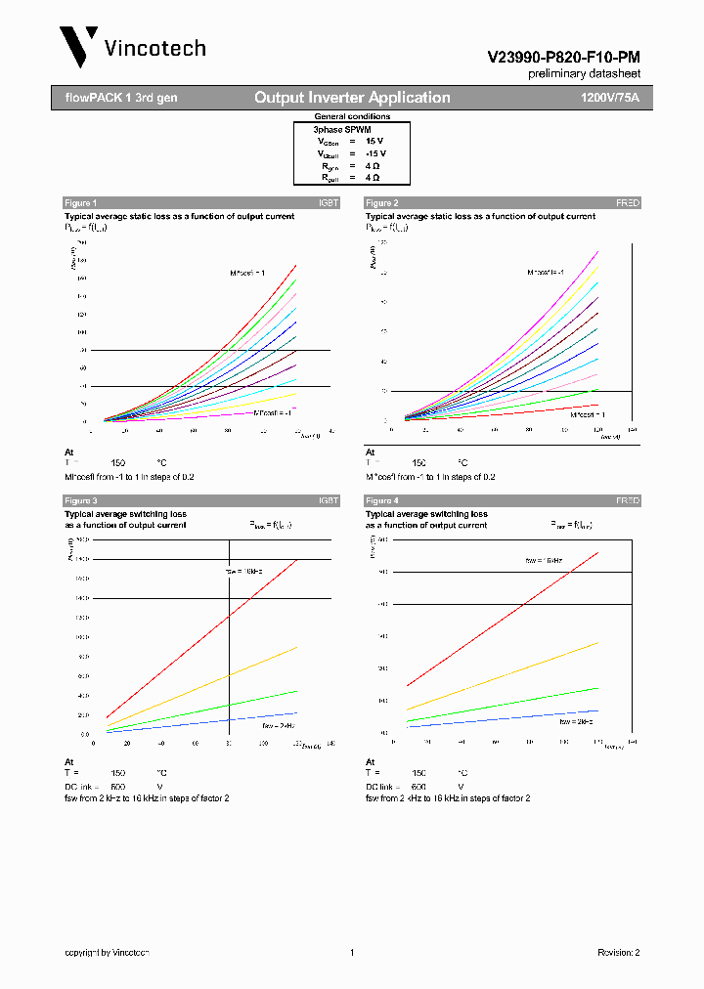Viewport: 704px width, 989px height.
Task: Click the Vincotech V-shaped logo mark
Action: click(x=78, y=46)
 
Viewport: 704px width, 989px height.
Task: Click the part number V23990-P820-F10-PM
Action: click(x=563, y=58)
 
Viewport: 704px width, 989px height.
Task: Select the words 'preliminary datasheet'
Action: click(x=584, y=73)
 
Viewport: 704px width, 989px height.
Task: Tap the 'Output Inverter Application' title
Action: click(x=352, y=98)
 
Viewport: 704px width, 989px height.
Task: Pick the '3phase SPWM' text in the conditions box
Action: click(x=341, y=129)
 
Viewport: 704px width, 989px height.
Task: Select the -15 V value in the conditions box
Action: click(x=375, y=153)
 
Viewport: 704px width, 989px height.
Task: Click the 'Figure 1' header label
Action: click(x=81, y=202)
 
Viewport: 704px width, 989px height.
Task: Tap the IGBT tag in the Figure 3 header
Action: click(x=328, y=500)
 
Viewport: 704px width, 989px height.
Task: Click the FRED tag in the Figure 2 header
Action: click(x=627, y=202)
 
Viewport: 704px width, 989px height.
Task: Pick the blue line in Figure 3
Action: click(x=196, y=724)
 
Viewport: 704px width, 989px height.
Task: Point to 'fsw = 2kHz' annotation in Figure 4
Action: click(x=577, y=721)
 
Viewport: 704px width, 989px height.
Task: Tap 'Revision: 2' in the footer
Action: click(x=618, y=952)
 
